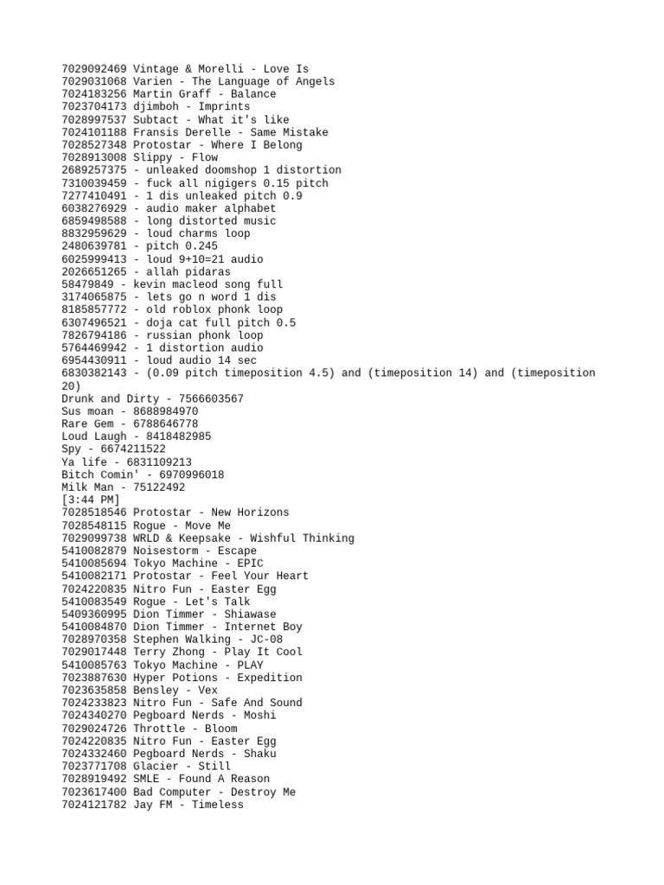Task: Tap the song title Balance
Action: (x=253, y=94)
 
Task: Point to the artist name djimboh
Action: (x=156, y=106)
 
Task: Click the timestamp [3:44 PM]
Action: (x=91, y=500)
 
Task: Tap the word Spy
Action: (x=72, y=449)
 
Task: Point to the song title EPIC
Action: (x=240, y=563)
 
